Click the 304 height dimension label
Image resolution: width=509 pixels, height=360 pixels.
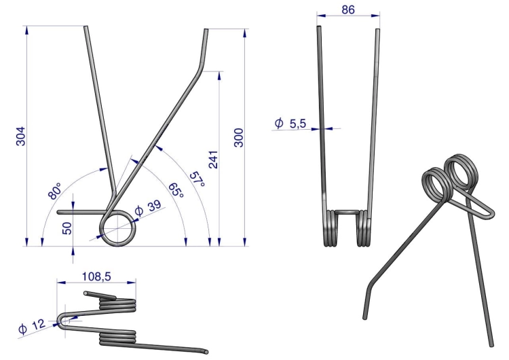pos(20,136)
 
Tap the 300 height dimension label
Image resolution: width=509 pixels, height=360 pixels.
pos(239,138)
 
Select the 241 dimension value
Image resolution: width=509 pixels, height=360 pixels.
pos(213,160)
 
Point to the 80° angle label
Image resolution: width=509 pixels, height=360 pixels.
pos(54,191)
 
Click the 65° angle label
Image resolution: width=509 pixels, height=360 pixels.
pos(176,190)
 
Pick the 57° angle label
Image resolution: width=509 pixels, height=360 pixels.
pos(197,179)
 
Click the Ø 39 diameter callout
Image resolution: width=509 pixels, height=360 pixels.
pos(148,208)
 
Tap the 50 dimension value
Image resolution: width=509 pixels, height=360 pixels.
pos(67,228)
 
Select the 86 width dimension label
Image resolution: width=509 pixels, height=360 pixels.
pos(348,10)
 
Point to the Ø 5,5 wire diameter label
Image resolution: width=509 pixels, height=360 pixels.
pos(290,124)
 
